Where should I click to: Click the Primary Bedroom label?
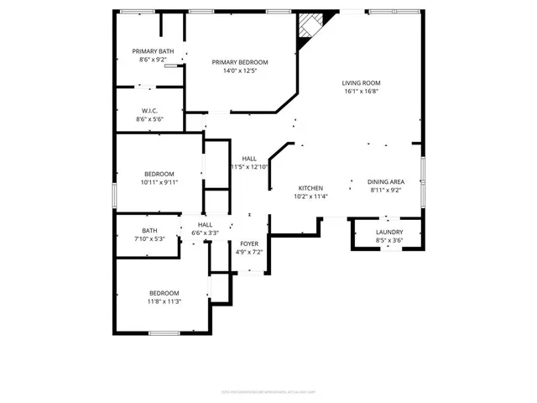click(x=240, y=62)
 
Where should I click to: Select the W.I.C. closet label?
click(x=149, y=110)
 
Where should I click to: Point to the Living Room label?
click(x=362, y=82)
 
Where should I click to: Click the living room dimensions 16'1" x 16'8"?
click(x=362, y=92)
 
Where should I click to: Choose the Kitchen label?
click(x=311, y=188)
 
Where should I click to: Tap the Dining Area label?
click(x=386, y=181)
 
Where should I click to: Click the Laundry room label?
click(x=389, y=232)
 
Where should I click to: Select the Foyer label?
click(x=250, y=243)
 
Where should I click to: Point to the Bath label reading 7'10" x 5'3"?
click(x=149, y=230)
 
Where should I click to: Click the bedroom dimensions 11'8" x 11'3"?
click(x=164, y=301)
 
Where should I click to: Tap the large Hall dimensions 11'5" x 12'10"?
click(x=249, y=167)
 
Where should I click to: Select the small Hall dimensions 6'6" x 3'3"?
click(x=206, y=233)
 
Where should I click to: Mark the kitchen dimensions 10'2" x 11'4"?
click(x=311, y=197)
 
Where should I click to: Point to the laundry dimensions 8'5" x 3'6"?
click(x=389, y=240)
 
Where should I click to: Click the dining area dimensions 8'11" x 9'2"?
click(x=386, y=191)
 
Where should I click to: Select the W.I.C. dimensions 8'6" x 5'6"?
click(x=149, y=119)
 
